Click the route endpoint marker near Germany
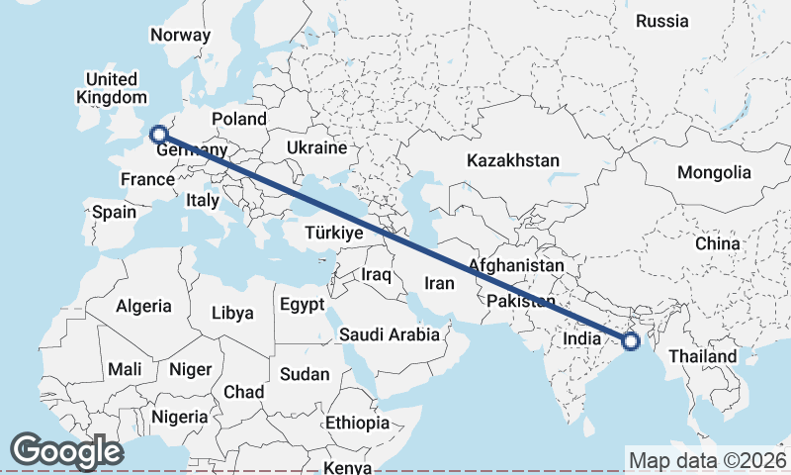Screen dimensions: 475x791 [x=157, y=135]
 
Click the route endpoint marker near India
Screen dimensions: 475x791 [x=631, y=342]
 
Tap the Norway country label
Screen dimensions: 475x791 [x=181, y=36]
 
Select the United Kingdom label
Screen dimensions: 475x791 [x=111, y=88]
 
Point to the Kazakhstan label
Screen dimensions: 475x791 [x=514, y=160]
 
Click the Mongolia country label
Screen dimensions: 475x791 [x=714, y=172]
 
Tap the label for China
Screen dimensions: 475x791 [x=717, y=243]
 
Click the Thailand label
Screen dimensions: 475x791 [x=703, y=356]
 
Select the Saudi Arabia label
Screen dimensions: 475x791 [x=390, y=334]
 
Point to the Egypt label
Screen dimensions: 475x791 [x=302, y=305]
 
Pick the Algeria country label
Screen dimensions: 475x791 [x=143, y=307]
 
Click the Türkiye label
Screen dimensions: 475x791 [x=333, y=234]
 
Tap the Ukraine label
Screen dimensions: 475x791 [x=316, y=147]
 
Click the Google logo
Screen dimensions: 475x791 [x=66, y=451]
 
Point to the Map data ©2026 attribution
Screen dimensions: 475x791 [x=706, y=460]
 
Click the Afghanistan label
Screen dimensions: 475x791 [x=516, y=266]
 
